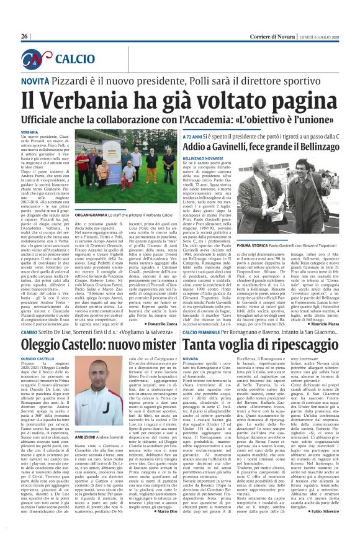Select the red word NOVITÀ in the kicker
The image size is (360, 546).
(37, 82)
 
